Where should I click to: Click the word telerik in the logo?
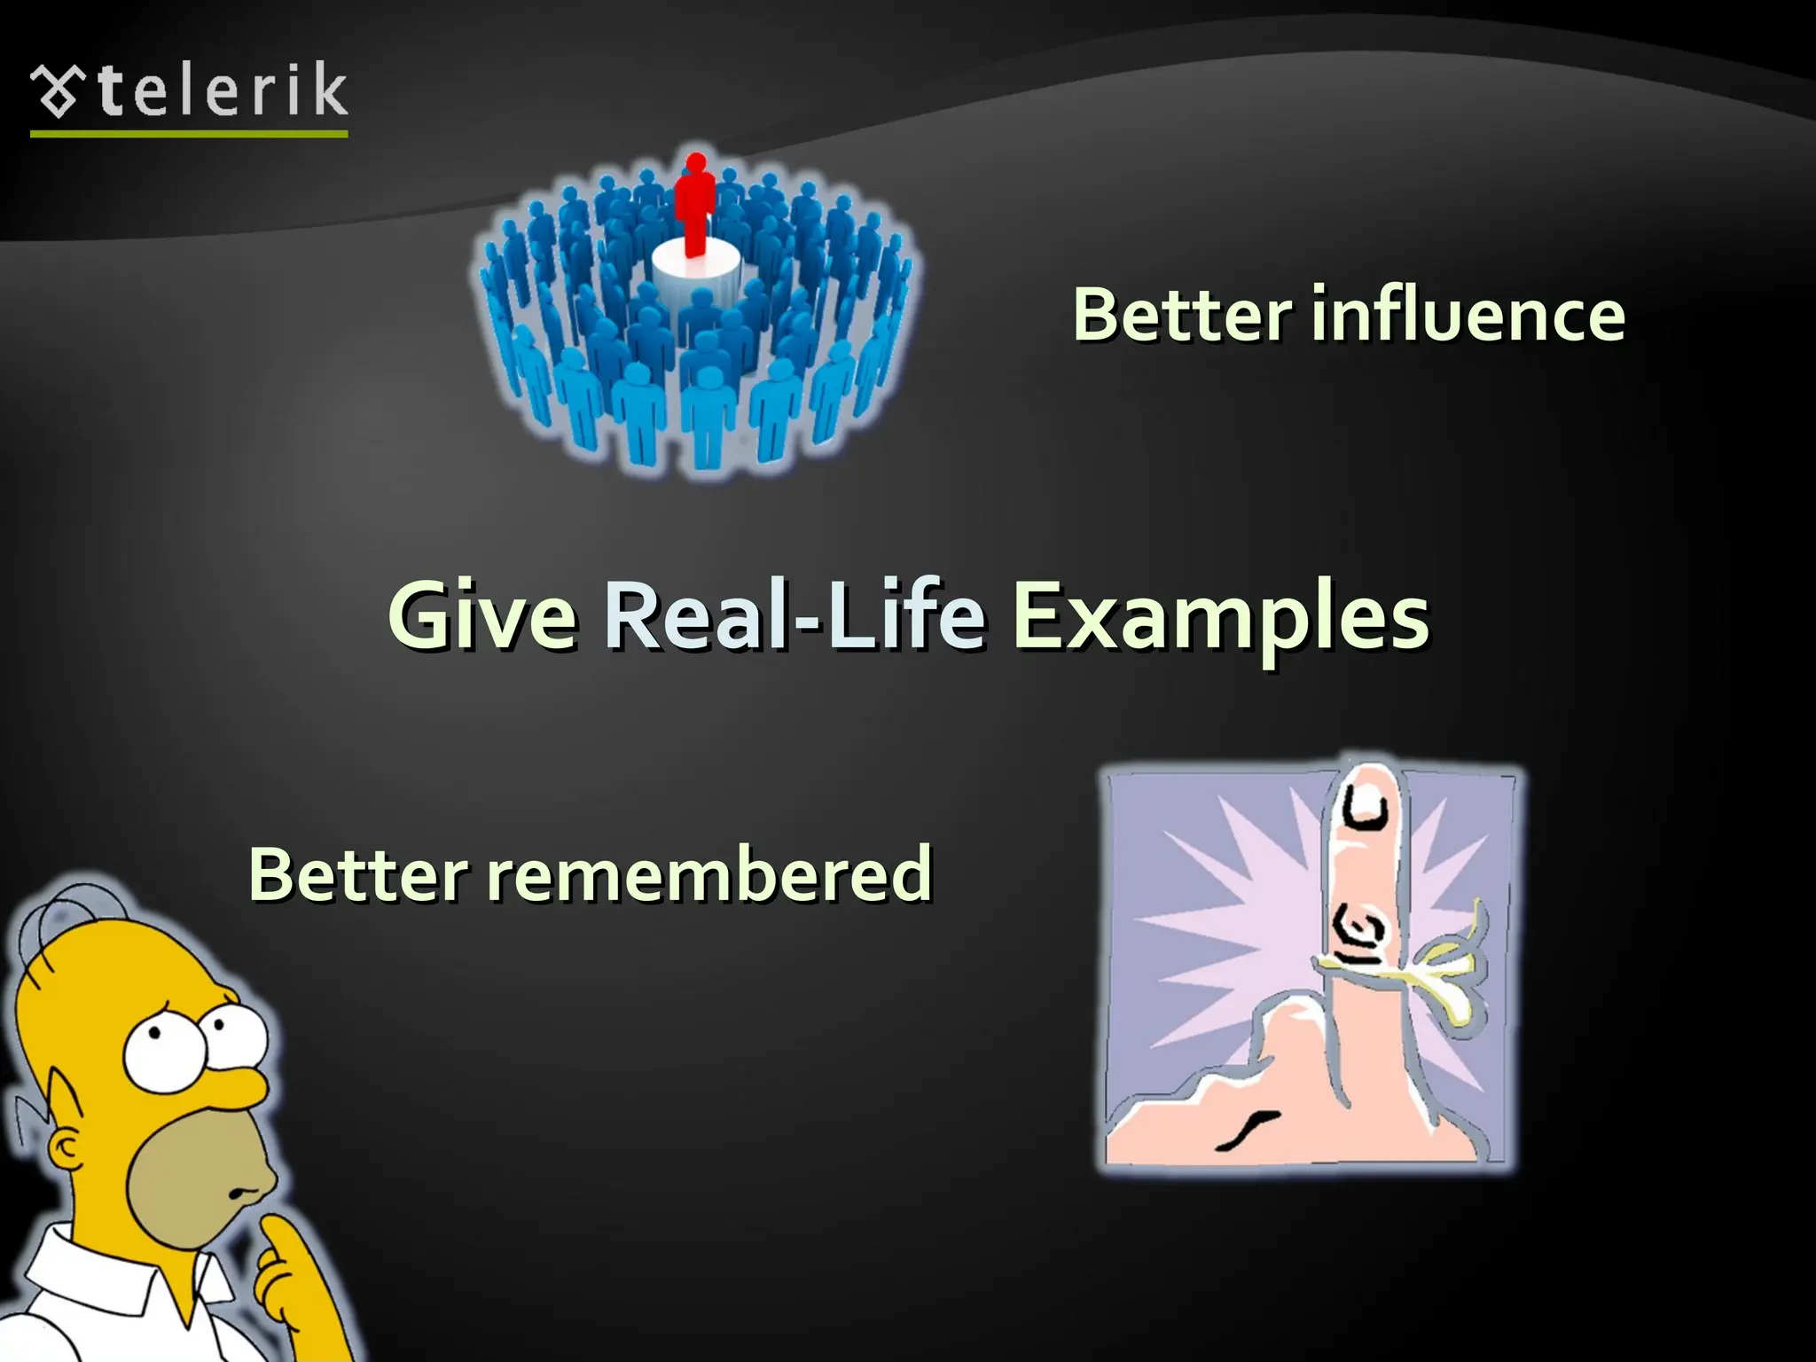(222, 90)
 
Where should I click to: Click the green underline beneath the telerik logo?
(188, 134)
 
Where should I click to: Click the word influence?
(1468, 315)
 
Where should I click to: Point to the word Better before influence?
(1183, 315)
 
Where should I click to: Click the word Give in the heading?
(483, 614)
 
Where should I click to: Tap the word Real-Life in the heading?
(794, 614)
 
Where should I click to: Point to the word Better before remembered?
(357, 874)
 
